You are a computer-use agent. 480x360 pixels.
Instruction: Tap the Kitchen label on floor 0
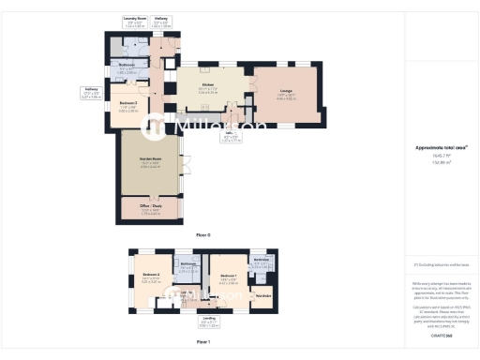(207, 84)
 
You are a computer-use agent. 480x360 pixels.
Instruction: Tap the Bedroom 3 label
(128, 102)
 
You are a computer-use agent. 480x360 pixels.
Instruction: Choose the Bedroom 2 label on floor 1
(151, 274)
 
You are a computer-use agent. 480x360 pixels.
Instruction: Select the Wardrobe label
(263, 295)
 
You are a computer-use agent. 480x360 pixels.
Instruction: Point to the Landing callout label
(209, 318)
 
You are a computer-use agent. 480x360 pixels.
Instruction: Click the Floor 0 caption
(202, 233)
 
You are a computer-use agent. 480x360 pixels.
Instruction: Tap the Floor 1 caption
(202, 343)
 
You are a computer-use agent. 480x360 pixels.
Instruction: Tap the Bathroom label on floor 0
(127, 65)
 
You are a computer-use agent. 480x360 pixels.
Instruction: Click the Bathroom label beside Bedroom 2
(187, 264)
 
